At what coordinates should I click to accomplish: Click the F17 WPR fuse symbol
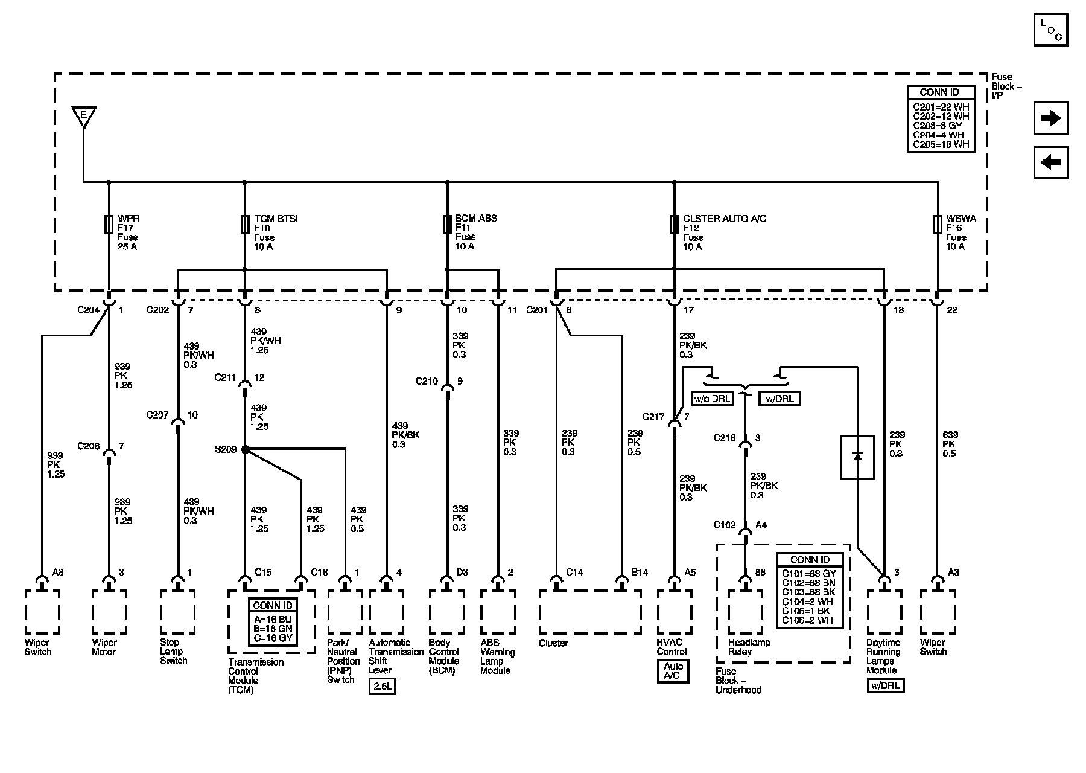109,224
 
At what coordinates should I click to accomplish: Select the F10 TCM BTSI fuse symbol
244,224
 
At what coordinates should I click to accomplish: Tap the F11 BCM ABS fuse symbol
447,224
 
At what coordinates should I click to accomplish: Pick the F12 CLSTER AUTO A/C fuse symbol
674,224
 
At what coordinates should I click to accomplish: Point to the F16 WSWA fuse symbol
938,224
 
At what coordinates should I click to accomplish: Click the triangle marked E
84,115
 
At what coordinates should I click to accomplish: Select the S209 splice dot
245,449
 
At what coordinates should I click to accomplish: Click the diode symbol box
857,457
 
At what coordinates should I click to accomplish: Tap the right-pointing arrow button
1050,118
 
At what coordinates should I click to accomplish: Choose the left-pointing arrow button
1050,162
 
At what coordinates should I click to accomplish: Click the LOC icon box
1050,29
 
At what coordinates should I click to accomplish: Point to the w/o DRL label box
712,399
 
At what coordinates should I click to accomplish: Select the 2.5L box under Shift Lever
382,687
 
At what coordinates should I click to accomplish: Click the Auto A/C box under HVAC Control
673,671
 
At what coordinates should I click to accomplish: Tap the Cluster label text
553,643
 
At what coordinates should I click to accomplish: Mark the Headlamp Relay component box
745,612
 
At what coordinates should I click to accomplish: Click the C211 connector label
226,378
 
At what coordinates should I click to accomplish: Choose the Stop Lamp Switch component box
177,612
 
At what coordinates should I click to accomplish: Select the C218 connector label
725,438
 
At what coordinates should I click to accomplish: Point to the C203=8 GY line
941,126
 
